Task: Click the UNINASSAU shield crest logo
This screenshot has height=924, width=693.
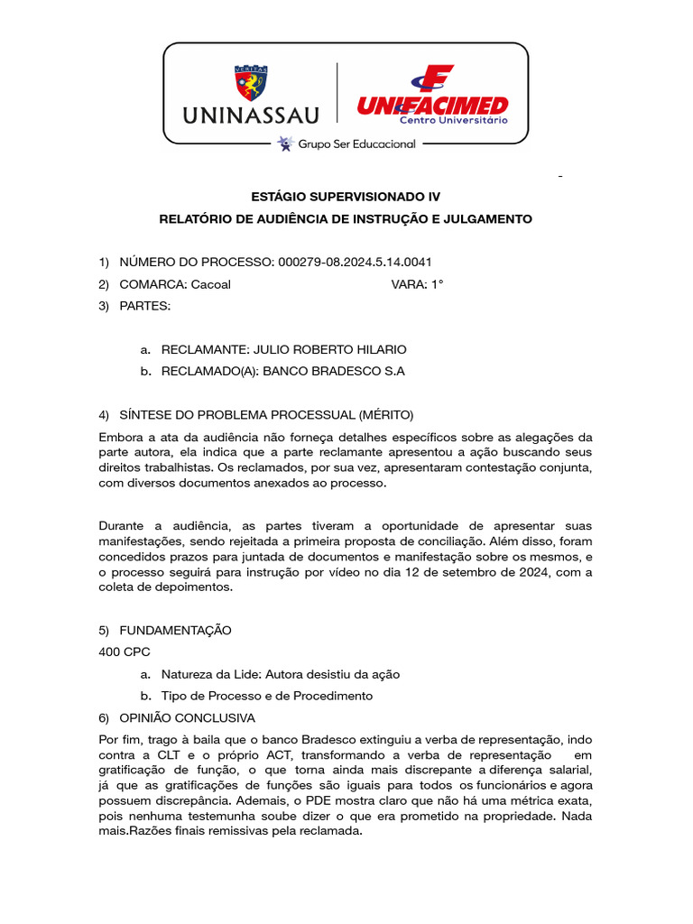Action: click(251, 83)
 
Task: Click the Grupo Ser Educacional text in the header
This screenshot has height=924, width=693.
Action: click(356, 143)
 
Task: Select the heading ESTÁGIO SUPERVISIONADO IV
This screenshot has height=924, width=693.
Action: click(346, 196)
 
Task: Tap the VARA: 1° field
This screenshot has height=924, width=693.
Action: click(417, 284)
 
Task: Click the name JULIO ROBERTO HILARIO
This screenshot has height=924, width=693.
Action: click(330, 349)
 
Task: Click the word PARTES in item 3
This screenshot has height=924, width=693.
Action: click(144, 306)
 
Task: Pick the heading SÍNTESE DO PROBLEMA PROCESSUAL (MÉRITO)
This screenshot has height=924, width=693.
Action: click(266, 415)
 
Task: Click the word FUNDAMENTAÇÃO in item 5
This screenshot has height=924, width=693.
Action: click(175, 630)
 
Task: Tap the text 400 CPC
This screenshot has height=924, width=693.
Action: click(125, 651)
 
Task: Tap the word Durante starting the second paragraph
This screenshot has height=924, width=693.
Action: click(124, 525)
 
